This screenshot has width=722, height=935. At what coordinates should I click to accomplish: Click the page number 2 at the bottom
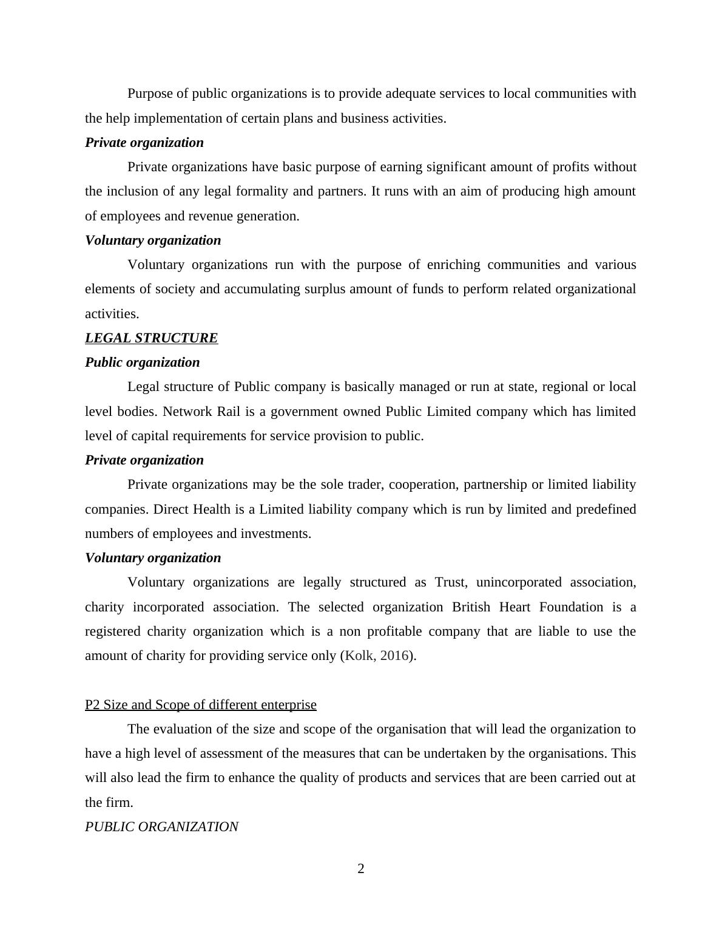click(361, 869)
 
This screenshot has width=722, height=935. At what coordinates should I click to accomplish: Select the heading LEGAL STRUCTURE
click(151, 338)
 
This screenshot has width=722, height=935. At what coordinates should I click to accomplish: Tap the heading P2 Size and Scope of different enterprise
click(200, 705)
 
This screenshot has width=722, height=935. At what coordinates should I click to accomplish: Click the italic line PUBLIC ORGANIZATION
click(161, 827)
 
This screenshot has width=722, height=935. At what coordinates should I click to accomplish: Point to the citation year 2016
click(395, 656)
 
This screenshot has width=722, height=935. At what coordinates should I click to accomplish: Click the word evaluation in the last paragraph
click(185, 729)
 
